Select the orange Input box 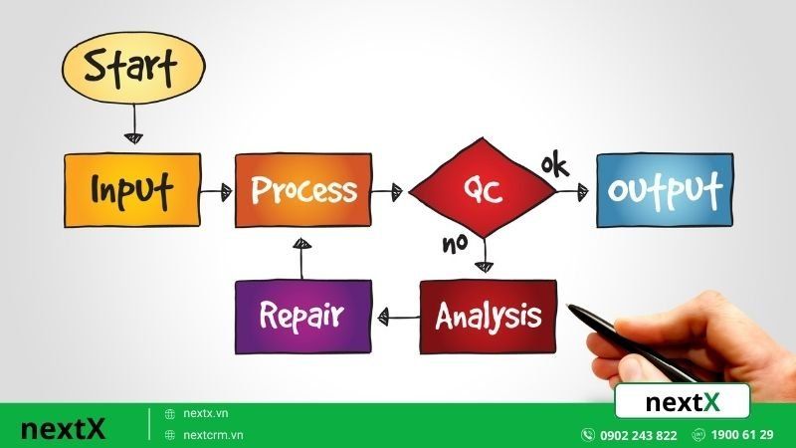pos(131,190)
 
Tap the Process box pos(302,190)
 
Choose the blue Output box pos(665,190)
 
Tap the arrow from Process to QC pos(390,190)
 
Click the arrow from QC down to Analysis pos(485,256)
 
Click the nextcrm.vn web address pos(213,435)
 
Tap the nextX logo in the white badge pos(682,402)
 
